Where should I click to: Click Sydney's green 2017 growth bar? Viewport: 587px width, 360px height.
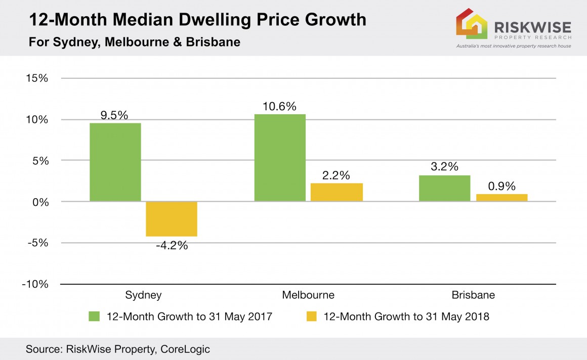click(x=115, y=162)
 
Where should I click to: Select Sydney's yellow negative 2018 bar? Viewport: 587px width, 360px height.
click(x=172, y=219)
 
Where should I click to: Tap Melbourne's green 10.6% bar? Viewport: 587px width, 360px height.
click(x=280, y=158)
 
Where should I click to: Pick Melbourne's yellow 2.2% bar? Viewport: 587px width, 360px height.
click(x=337, y=192)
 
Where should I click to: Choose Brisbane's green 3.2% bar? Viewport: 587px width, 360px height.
click(x=445, y=188)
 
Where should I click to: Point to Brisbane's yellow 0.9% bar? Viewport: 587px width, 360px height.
click(x=501, y=198)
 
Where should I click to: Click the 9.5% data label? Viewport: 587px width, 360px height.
click(x=115, y=115)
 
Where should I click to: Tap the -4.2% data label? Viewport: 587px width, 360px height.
click(x=172, y=246)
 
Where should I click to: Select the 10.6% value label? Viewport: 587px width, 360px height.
click(x=280, y=107)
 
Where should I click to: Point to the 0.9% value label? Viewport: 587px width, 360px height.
click(x=501, y=186)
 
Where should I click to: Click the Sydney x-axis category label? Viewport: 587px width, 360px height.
click(x=143, y=295)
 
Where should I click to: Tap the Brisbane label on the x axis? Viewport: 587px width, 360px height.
click(x=474, y=295)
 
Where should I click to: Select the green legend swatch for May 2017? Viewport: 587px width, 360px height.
click(x=95, y=317)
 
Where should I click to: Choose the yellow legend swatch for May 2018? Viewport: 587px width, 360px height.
click(x=311, y=317)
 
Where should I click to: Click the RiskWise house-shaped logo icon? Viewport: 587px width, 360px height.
click(x=471, y=24)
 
